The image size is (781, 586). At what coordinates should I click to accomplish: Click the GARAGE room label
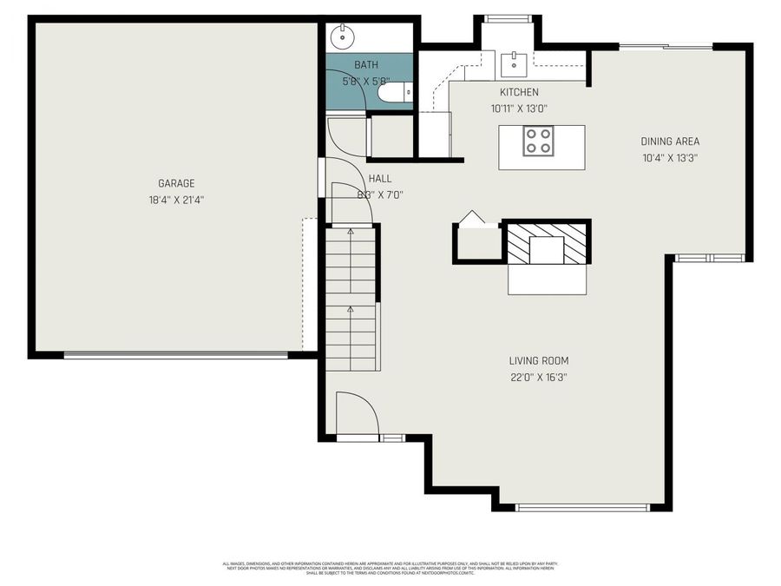tap(175, 183)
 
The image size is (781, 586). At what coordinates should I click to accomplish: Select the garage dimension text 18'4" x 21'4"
tap(175, 200)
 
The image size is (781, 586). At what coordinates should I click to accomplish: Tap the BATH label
tap(366, 65)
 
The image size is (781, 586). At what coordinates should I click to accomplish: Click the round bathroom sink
tap(343, 36)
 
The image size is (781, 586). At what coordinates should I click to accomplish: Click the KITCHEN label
tap(519, 92)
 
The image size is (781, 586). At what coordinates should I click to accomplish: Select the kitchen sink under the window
tap(515, 61)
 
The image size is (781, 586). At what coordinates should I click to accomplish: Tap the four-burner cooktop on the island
tap(538, 141)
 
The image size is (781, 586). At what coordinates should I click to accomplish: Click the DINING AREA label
tap(670, 142)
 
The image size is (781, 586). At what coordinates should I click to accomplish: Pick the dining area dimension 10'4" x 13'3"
tap(670, 158)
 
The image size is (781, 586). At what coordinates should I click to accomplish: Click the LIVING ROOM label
tap(538, 360)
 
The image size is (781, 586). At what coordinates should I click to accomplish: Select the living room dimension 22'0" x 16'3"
tap(538, 377)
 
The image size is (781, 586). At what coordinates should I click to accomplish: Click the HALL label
tap(380, 178)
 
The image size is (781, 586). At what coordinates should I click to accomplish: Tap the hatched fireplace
tap(548, 243)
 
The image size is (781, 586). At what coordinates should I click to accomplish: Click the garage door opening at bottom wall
tap(175, 354)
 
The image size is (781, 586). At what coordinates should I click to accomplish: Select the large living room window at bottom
tap(581, 507)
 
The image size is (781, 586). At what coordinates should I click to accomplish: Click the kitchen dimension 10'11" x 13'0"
tap(519, 109)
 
